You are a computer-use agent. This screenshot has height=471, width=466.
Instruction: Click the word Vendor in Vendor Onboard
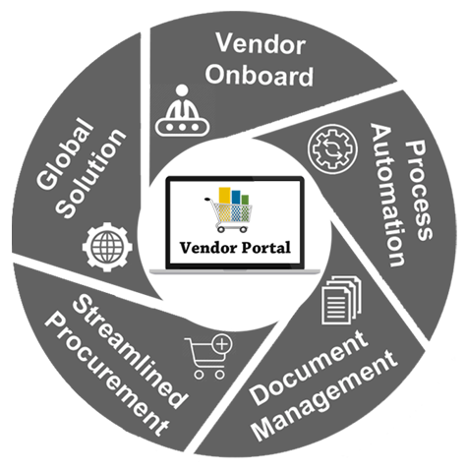[261, 44]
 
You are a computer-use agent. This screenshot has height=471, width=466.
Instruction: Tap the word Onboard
[260, 75]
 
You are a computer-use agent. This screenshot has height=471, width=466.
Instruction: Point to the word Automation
[387, 195]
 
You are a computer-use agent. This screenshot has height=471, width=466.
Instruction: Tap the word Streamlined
[131, 351]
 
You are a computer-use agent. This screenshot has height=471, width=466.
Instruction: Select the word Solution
[91, 173]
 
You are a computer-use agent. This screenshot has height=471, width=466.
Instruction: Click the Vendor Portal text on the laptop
[235, 248]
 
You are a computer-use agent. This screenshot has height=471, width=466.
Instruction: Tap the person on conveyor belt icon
[182, 110]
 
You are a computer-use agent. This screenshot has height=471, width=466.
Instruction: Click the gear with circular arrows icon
[332, 148]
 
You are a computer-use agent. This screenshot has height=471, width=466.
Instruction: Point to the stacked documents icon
[341, 300]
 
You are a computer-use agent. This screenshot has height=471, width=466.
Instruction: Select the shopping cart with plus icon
[208, 357]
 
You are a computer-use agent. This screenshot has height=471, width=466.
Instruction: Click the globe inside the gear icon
[107, 247]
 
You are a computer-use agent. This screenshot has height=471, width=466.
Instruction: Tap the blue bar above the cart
[236, 198]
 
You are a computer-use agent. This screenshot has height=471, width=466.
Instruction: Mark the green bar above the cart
[245, 200]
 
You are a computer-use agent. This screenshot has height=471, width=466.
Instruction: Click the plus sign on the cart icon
[222, 344]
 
